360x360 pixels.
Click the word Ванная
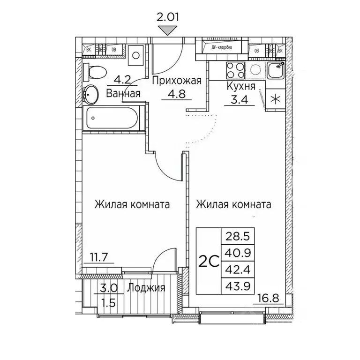coord(123,93)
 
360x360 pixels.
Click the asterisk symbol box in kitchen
coord(275,99)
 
